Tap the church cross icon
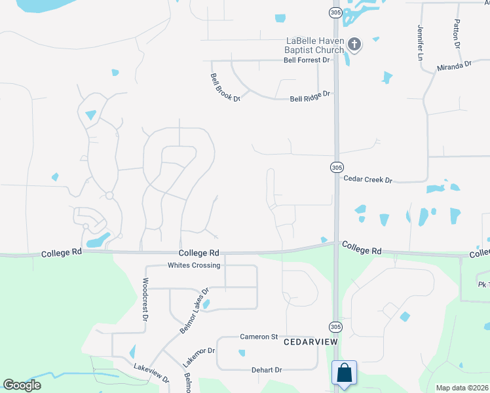coord(354,45)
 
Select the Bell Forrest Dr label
coord(307,60)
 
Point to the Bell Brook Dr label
coord(225,87)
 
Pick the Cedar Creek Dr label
coord(367,179)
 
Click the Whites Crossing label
coord(195,265)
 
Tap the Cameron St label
coord(259,337)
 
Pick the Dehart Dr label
coord(267,370)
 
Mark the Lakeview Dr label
coord(151,373)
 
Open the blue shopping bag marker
coord(344,373)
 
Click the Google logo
coord(22,385)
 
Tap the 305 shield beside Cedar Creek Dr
coord(336,167)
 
